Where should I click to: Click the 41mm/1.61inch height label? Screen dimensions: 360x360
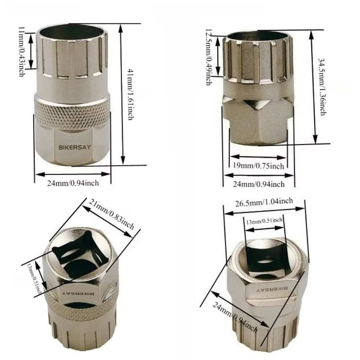pyautogui.click(x=130, y=94)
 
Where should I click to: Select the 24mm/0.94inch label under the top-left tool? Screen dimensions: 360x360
pyautogui.click(x=73, y=183)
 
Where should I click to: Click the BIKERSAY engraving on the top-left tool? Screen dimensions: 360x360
pyautogui.click(x=75, y=147)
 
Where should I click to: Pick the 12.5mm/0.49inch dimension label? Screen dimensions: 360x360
pyautogui.click(x=208, y=57)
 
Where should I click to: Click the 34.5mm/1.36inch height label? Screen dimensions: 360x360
pyautogui.click(x=322, y=86)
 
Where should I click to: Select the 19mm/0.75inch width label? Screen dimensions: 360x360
pyautogui.click(x=258, y=166)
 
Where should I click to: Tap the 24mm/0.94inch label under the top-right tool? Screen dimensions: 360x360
pyautogui.click(x=259, y=184)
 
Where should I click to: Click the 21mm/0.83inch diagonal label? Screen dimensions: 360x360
pyautogui.click(x=112, y=214)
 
